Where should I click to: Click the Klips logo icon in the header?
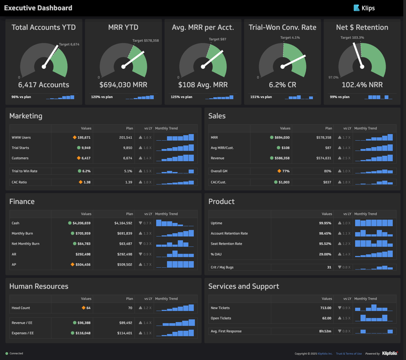pyautogui.click(x=356, y=8)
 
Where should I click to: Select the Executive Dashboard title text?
pyautogui.click(x=38, y=8)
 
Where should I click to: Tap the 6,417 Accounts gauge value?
pyautogui.click(x=44, y=85)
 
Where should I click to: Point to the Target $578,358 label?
pyautogui.click(x=145, y=41)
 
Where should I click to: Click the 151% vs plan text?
pyautogui.click(x=261, y=97)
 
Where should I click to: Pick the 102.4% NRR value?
pyautogui.click(x=362, y=85)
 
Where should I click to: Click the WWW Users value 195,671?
pyautogui.click(x=84, y=137)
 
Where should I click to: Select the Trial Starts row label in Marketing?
pyautogui.click(x=20, y=148)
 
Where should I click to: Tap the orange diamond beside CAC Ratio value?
pyautogui.click(x=80, y=182)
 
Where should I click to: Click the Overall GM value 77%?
pyautogui.click(x=286, y=171)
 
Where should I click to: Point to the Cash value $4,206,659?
pyautogui.click(x=81, y=223)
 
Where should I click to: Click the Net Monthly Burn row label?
pyautogui.click(x=25, y=244)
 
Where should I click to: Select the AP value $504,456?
pyautogui.click(x=83, y=264)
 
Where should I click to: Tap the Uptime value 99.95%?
pyautogui.click(x=325, y=223)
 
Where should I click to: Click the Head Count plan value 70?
pyautogui.click(x=130, y=308)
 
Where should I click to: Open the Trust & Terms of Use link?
pyautogui.click(x=349, y=354)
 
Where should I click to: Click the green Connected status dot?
pyautogui.click(x=7, y=353)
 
